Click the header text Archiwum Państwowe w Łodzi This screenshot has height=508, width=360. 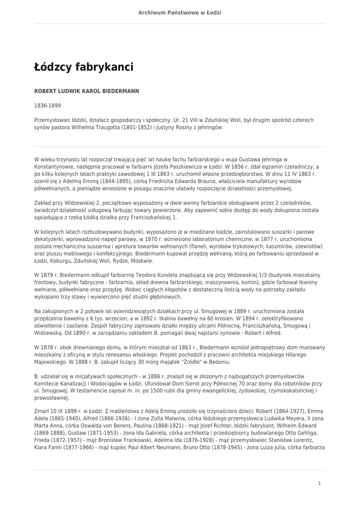(180, 12)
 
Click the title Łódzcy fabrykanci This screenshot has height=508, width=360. (83, 67)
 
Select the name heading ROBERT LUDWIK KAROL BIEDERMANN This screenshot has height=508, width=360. (86, 91)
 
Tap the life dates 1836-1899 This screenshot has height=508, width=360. (48, 106)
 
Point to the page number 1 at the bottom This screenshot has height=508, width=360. (319, 483)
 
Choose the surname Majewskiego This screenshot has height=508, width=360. (50, 362)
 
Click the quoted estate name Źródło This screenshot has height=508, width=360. (212, 362)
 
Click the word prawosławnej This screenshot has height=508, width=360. (52, 398)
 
